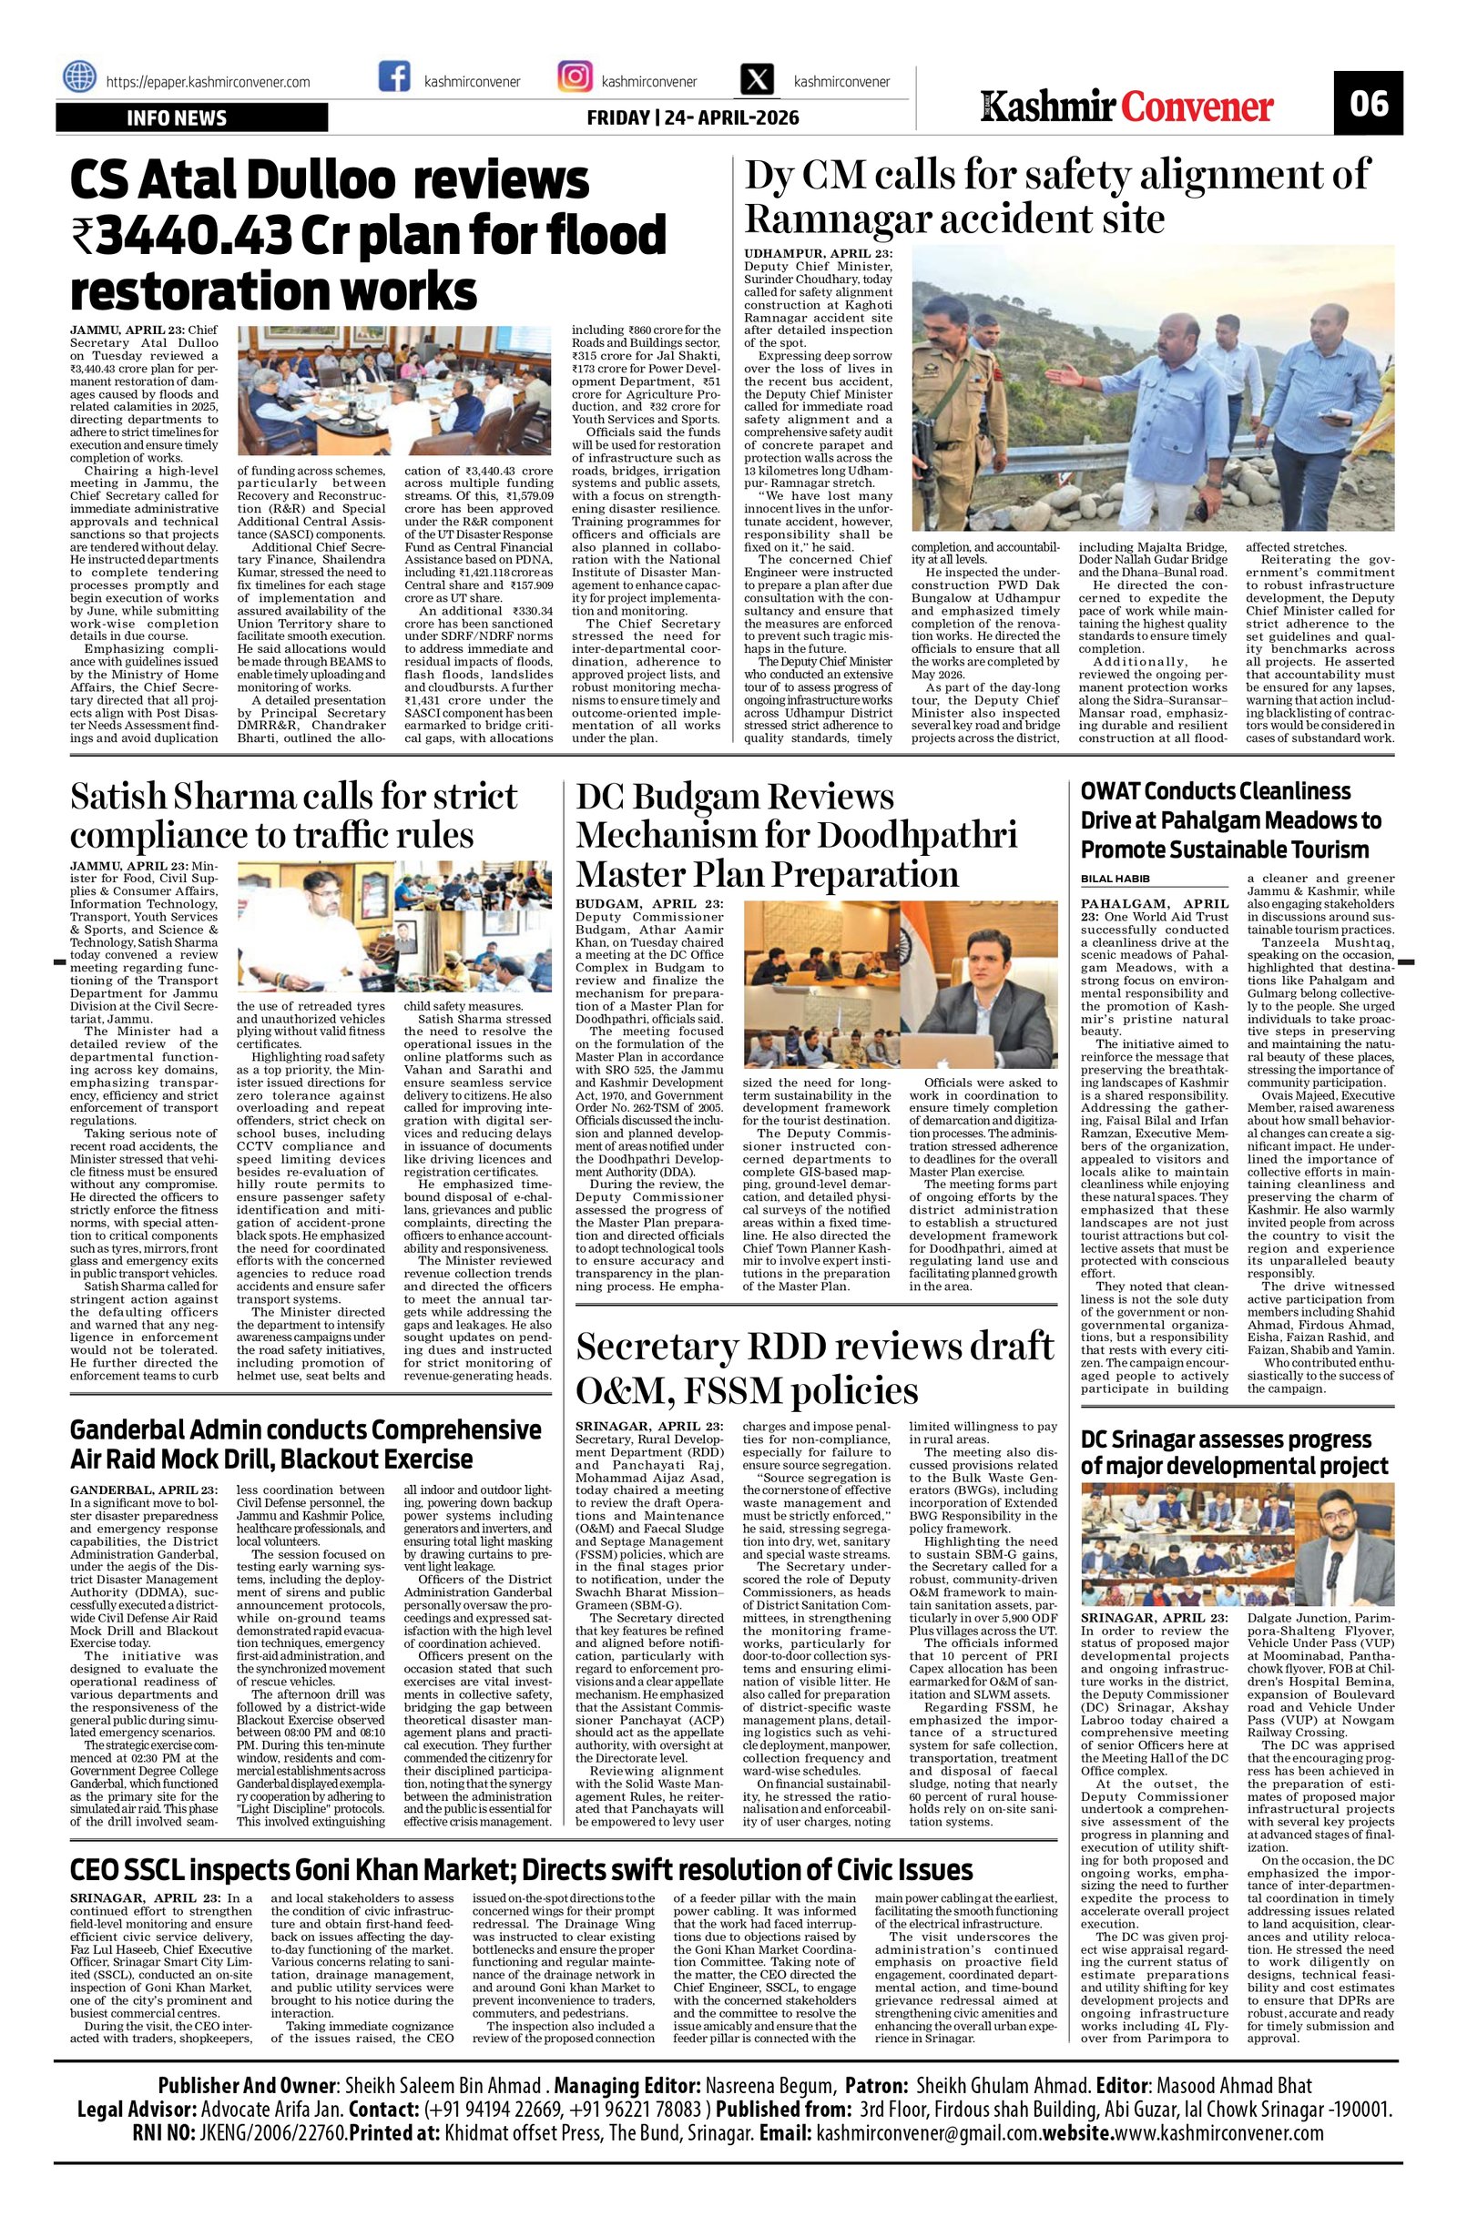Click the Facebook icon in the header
click(x=395, y=77)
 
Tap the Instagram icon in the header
click(x=574, y=77)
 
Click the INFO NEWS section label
click(x=177, y=118)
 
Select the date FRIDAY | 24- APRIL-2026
click(x=692, y=118)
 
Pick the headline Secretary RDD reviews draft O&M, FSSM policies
click(x=815, y=1368)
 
